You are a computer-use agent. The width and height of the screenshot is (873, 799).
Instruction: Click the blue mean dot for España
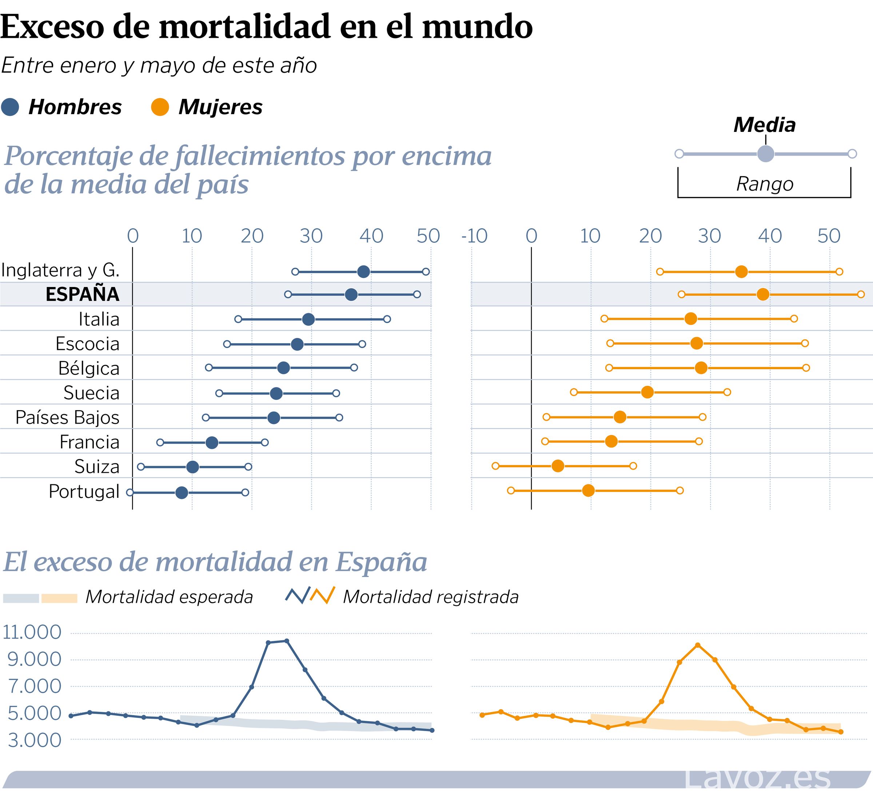[x=351, y=295]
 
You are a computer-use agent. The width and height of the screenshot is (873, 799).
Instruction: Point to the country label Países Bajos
[x=68, y=417]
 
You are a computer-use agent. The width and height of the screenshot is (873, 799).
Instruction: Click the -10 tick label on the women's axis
[x=474, y=236]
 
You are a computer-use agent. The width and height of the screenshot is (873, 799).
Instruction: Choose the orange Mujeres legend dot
[x=160, y=107]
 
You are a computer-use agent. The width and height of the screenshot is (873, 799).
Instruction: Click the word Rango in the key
[x=765, y=184]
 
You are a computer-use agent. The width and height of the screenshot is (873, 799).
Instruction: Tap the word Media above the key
[x=764, y=125]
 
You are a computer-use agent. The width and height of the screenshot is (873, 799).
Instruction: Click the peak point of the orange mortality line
[x=698, y=645]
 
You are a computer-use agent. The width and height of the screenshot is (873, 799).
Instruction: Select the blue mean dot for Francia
[x=212, y=443]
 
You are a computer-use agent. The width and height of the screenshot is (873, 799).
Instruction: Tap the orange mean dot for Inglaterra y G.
[x=741, y=272]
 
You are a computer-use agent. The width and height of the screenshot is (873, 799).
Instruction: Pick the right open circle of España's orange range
[x=861, y=295]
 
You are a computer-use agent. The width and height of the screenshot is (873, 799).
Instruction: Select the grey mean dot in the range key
[x=765, y=154]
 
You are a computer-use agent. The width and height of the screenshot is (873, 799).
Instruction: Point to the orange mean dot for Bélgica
[x=701, y=368]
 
